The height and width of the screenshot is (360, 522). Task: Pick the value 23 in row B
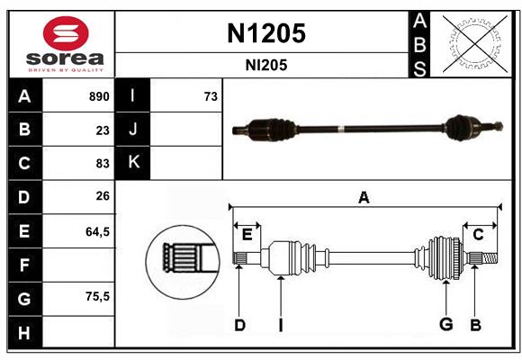[103, 130]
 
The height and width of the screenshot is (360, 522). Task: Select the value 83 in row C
[103, 164]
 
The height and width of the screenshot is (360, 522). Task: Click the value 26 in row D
[103, 197]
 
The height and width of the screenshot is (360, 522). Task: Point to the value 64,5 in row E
[97, 231]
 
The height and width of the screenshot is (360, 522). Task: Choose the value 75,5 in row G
[97, 296]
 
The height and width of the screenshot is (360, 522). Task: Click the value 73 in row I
[211, 96]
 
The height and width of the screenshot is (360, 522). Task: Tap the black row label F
[24, 265]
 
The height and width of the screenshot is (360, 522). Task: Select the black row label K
[133, 163]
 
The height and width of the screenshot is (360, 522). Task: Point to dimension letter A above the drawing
[364, 198]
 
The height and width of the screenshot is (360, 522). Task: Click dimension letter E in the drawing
[247, 234]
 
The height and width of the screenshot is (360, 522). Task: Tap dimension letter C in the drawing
[479, 234]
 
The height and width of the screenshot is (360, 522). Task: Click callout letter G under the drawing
[445, 324]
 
